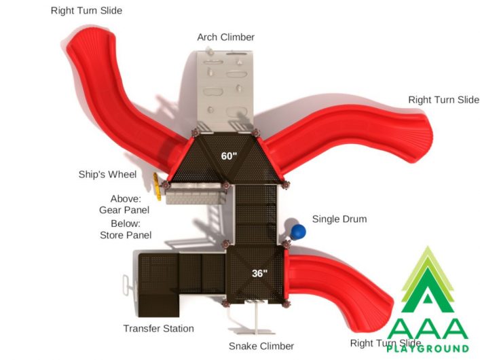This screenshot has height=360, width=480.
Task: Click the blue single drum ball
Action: click(298, 232)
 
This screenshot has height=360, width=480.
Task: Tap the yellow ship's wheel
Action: click(157, 187)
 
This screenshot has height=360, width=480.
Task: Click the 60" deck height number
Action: click(229, 156)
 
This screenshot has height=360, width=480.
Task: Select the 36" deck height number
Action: click(259, 273)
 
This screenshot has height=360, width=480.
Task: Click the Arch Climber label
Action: click(226, 37)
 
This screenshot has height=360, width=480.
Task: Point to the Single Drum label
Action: click(339, 219)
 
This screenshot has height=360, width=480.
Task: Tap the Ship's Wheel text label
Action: click(107, 175)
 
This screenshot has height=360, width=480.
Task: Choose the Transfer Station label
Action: click(159, 329)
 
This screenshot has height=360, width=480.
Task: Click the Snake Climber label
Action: click(261, 346)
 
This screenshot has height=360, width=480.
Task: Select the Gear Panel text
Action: click(124, 210)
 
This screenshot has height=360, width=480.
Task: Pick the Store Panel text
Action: click(126, 235)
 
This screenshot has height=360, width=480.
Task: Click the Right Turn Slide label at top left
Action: click(86, 10)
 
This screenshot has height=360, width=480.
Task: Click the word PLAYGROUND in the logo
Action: click(428, 348)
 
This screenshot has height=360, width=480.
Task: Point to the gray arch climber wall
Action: click(225, 90)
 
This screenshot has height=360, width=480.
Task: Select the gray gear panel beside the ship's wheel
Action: click(196, 194)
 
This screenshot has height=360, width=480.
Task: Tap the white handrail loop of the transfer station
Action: click(126, 285)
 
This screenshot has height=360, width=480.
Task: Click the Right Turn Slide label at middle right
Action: click(444, 100)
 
